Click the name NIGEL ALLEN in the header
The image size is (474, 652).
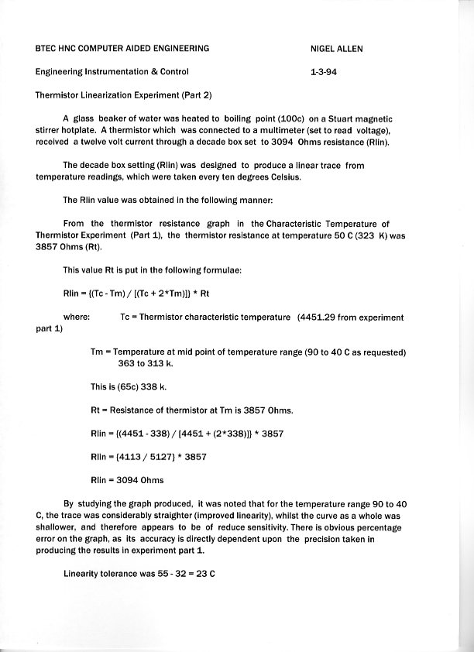(x=336, y=49)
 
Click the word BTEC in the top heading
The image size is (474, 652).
(x=48, y=49)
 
